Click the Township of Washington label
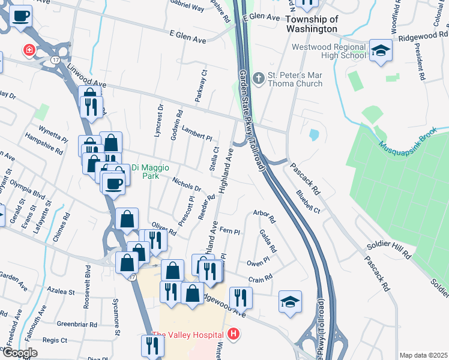[312, 24]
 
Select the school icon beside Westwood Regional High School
[380, 51]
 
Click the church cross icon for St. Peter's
[259, 78]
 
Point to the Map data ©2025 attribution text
[423, 355]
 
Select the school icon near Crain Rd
[290, 302]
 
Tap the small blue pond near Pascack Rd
[313, 135]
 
